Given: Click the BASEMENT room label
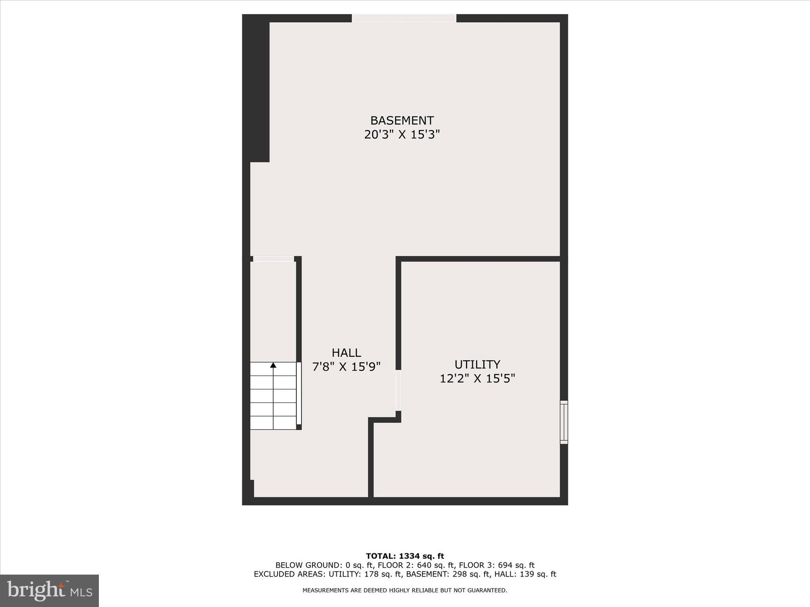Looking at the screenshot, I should click(402, 120).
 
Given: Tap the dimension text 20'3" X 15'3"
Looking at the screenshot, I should click(402, 135).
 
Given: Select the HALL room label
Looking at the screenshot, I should click(346, 353).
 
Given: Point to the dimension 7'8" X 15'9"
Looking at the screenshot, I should click(346, 367).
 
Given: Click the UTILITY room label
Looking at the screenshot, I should click(477, 364).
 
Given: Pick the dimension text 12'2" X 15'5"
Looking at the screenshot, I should click(477, 379).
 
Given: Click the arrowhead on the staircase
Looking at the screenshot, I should click(273, 365).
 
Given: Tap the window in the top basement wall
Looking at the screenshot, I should click(404, 18).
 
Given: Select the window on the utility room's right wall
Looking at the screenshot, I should click(564, 422).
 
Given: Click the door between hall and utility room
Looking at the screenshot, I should click(398, 390).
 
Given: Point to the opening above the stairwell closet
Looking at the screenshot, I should click(273, 259).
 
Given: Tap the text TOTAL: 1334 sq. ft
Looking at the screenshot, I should click(405, 556).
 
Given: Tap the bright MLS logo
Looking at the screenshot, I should click(49, 590).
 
